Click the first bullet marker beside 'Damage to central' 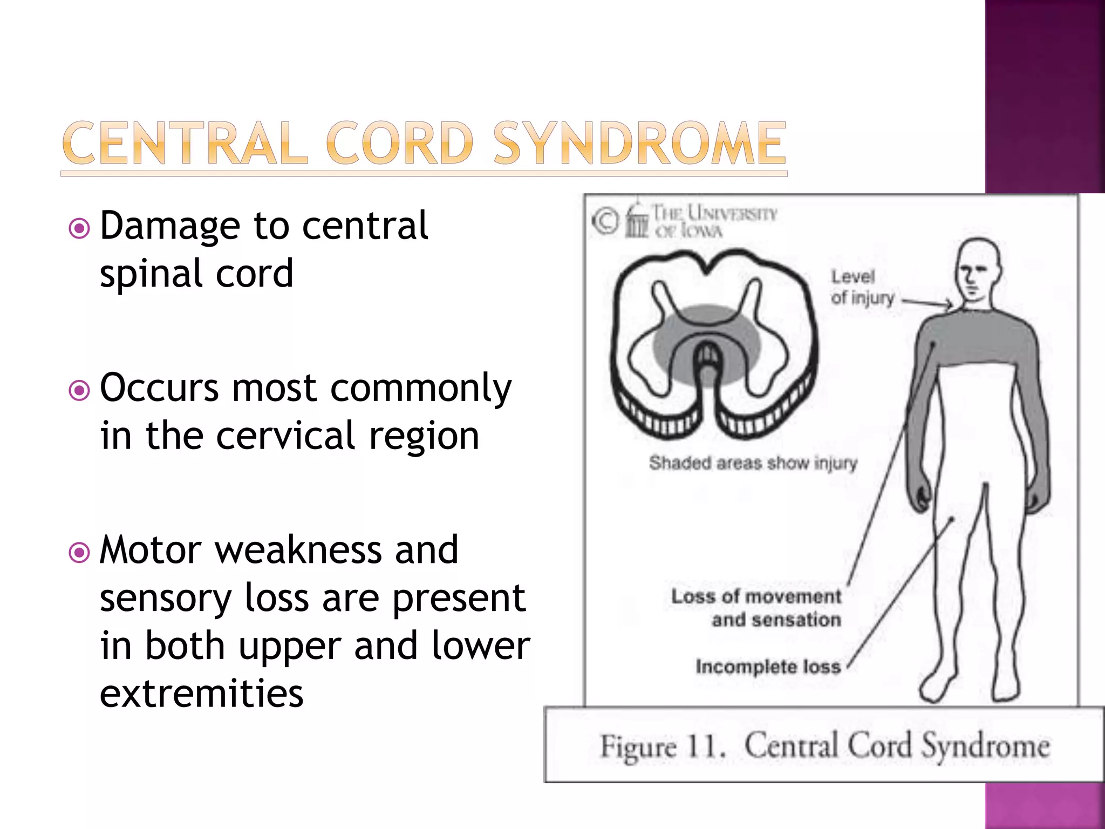[x=79, y=228]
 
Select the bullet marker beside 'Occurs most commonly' [x=79, y=390]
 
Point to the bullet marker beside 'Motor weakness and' [x=79, y=552]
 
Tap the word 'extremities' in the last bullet [x=201, y=694]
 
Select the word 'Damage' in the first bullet [x=170, y=226]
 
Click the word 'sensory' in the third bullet [x=166, y=599]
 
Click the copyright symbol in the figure [x=605, y=221]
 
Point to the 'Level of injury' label [x=861, y=287]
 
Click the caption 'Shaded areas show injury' [x=753, y=463]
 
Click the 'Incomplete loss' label [x=768, y=667]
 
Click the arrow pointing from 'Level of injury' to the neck [x=927, y=303]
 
